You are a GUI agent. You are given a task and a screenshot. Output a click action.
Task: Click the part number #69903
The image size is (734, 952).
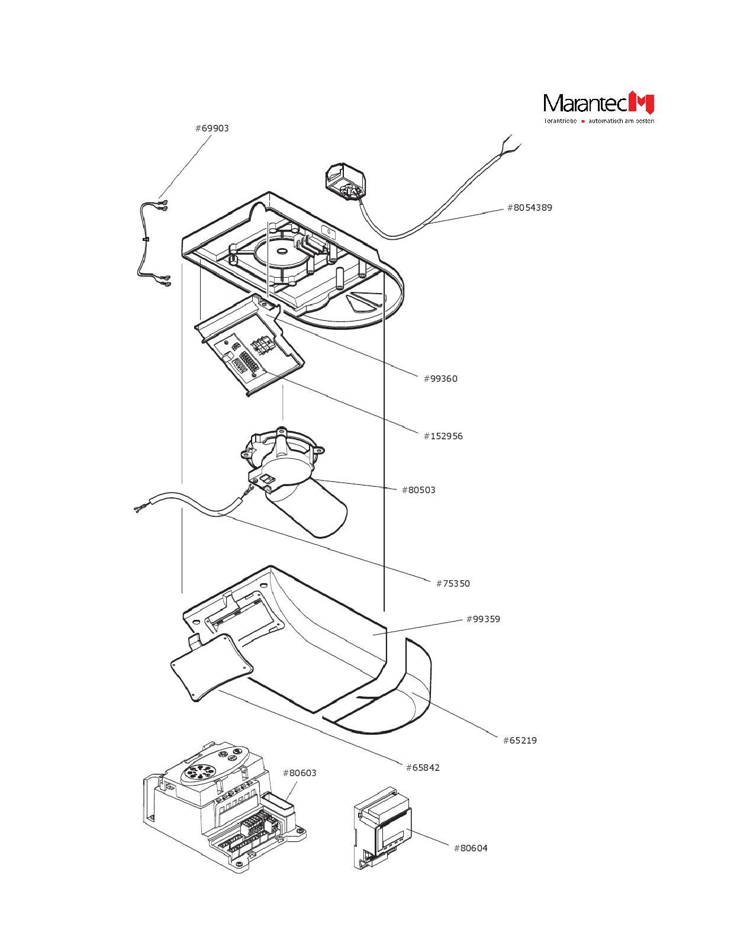point(212,128)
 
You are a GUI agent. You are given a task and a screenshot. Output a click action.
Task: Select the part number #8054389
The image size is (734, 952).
point(529,208)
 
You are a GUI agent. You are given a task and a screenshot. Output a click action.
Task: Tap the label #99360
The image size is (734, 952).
point(440,379)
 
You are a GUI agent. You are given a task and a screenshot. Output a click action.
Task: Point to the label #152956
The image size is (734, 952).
point(443,436)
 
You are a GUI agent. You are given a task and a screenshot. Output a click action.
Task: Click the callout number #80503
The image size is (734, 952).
point(418,490)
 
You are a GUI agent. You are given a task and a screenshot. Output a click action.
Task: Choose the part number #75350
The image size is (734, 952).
point(453,584)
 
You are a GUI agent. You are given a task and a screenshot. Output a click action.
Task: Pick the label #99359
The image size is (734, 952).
point(483,619)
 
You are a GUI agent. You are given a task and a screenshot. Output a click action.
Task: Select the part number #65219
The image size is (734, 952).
point(520,741)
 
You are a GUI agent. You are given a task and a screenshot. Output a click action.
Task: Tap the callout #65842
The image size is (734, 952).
point(423,768)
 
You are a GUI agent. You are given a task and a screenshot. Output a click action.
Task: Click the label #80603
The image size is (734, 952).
point(300,773)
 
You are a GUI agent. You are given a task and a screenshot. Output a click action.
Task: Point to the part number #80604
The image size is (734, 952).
point(471,848)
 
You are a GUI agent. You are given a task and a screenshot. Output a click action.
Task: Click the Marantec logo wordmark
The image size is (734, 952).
point(585,104)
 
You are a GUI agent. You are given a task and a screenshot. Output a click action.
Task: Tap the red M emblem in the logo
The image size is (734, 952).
point(641,103)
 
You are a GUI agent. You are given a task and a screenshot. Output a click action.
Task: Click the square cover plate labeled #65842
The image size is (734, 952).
point(211,666)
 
